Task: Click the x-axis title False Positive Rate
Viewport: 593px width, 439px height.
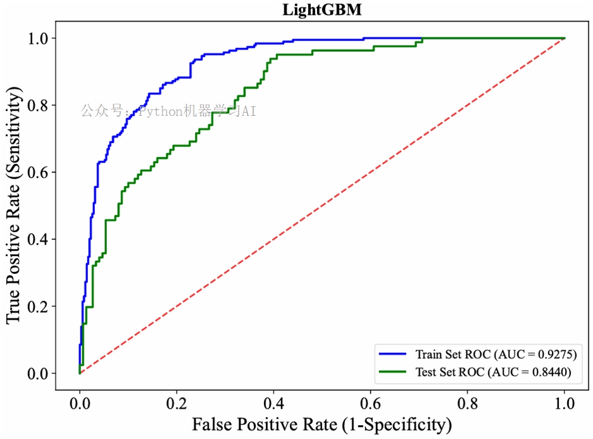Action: (321, 423)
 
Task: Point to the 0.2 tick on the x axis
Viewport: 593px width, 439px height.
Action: (177, 403)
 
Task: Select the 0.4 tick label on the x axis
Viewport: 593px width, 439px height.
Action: (273, 403)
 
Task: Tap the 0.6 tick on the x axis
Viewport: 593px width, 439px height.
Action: (370, 403)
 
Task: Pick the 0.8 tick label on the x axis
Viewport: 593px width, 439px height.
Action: (467, 403)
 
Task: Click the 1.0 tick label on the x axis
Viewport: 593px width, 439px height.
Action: (564, 403)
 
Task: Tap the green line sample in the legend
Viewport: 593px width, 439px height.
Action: (393, 373)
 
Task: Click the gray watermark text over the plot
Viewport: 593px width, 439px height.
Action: (168, 112)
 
